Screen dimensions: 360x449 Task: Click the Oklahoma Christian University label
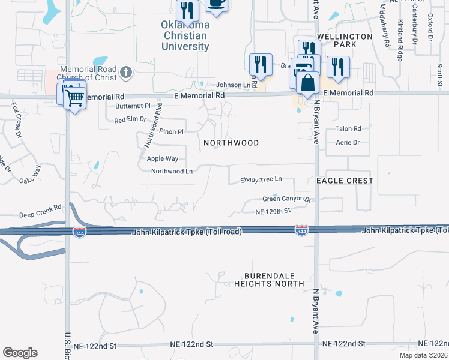click(x=185, y=35)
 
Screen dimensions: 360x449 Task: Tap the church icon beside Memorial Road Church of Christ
click(x=125, y=73)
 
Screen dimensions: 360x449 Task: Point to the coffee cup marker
click(x=216, y=4)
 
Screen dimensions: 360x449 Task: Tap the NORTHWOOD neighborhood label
click(x=231, y=143)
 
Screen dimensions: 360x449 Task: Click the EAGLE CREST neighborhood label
click(x=345, y=181)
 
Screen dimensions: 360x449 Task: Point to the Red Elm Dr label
click(x=130, y=120)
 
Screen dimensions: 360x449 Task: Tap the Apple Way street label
click(x=163, y=159)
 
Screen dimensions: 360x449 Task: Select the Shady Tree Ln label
click(x=261, y=179)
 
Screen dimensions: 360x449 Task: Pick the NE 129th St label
click(x=273, y=211)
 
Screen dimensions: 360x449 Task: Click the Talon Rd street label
click(x=348, y=129)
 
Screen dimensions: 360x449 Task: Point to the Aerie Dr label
click(x=348, y=143)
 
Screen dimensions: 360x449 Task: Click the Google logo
click(x=20, y=353)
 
